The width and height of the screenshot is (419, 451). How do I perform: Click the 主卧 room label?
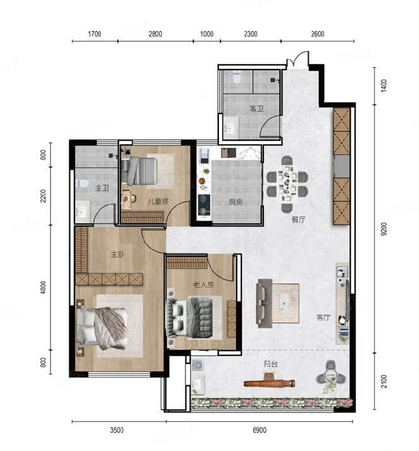click(x=118, y=254)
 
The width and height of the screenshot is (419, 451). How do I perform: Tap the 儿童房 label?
click(x=158, y=201)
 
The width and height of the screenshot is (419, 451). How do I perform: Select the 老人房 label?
click(x=203, y=285)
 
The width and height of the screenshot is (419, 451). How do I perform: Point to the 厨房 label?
click(x=235, y=202)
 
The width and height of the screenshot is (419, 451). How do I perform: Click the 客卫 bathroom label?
click(x=257, y=109)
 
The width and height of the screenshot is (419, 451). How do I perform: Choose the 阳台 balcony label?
click(x=271, y=364)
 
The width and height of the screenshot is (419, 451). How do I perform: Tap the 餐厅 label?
click(x=298, y=219)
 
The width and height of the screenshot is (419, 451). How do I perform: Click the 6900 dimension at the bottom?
click(x=260, y=430)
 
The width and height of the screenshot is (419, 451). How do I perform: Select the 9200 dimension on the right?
click(x=384, y=229)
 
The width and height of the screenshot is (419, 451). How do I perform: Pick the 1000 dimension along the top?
click(x=206, y=34)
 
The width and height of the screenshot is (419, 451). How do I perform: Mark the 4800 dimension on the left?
click(x=43, y=287)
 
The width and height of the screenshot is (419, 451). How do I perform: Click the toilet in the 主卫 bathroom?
click(x=82, y=183)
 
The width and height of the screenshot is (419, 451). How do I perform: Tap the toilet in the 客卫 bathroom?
click(x=237, y=77)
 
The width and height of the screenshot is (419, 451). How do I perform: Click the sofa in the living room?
click(x=265, y=304)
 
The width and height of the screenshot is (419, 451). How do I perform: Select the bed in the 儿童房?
click(x=139, y=171)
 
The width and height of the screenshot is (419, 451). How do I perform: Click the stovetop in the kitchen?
click(x=204, y=205)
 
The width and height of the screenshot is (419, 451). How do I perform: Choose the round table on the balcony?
click(x=330, y=374)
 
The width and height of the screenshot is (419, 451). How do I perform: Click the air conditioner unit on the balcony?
click(x=197, y=365)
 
